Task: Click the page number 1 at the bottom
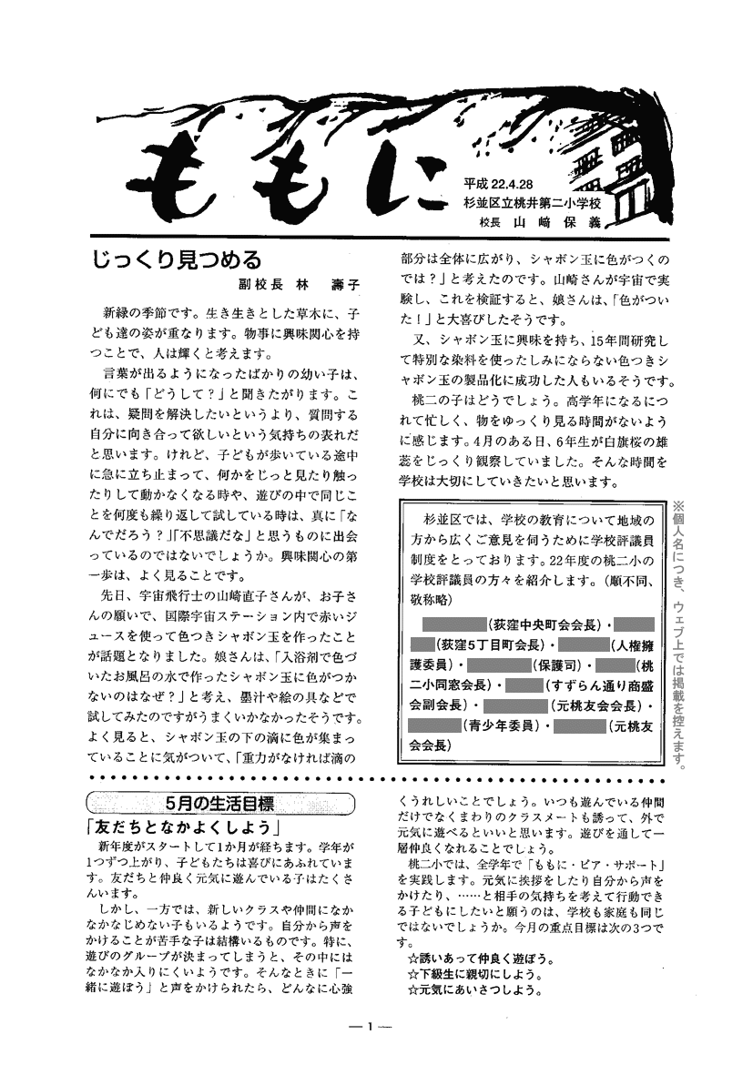[x=370, y=1027]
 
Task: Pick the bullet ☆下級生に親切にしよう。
[x=473, y=974]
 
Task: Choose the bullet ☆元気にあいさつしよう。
[x=473, y=989]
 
